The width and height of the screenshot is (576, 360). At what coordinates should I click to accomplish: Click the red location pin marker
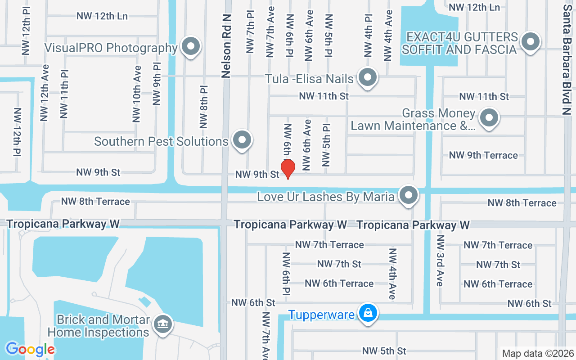click(x=288, y=169)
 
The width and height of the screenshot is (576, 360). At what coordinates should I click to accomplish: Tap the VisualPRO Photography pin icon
click(x=191, y=46)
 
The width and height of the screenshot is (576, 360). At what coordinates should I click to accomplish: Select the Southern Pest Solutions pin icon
click(x=243, y=139)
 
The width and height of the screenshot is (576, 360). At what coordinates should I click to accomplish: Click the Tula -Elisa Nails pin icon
click(x=368, y=77)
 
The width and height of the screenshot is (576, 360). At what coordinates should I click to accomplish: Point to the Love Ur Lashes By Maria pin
click(x=409, y=195)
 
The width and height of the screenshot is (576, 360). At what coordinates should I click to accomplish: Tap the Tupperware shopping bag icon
click(x=368, y=313)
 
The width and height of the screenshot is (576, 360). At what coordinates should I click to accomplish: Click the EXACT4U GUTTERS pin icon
click(x=531, y=42)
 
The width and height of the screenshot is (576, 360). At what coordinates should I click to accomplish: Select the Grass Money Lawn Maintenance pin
click(x=489, y=118)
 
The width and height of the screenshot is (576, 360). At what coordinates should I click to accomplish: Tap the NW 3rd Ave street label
click(x=440, y=261)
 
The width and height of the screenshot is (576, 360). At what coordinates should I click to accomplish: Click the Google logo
click(x=30, y=349)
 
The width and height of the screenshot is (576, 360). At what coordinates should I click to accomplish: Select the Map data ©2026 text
click(x=538, y=353)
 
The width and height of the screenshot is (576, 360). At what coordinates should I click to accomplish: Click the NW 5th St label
click(x=384, y=351)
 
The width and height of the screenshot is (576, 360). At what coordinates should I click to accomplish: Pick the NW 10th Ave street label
click(x=137, y=94)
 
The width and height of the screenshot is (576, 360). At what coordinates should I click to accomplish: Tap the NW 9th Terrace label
click(x=483, y=155)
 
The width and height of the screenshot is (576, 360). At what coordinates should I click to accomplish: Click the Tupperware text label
click(x=321, y=315)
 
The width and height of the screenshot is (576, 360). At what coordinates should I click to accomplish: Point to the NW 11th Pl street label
click(x=64, y=94)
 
